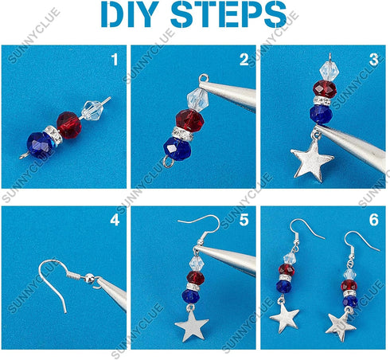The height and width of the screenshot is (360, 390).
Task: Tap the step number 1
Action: pyautogui.click(x=114, y=59)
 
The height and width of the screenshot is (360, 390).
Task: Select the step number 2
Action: pyautogui.click(x=244, y=59)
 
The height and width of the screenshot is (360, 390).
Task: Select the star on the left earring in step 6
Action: pyautogui.click(x=284, y=319)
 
